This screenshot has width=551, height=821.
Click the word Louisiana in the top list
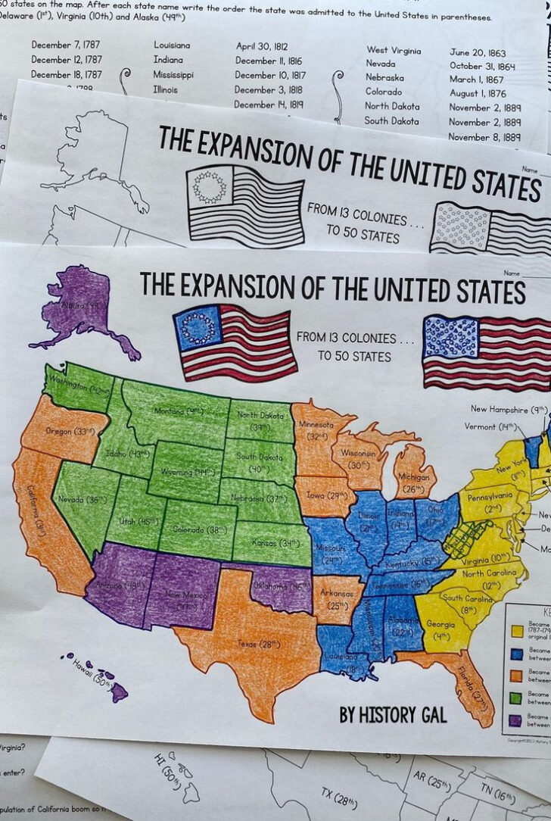(172, 45)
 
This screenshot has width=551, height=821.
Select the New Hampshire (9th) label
(509, 410)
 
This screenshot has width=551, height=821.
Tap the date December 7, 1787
(67, 45)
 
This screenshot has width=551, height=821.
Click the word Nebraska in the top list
(385, 77)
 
